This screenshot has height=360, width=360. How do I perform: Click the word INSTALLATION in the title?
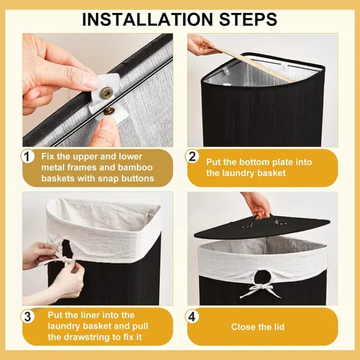148,19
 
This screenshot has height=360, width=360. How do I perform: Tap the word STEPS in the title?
248,19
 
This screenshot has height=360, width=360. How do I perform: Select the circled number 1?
27,156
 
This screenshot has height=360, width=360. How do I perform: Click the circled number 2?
192,156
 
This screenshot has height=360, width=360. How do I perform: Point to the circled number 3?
27,316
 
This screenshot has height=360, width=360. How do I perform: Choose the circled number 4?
192,316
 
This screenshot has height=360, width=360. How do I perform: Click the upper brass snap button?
107,91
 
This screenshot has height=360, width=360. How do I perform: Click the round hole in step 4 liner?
261,276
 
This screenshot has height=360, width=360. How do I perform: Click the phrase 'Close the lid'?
258,327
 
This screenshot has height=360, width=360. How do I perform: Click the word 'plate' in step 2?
283,162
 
